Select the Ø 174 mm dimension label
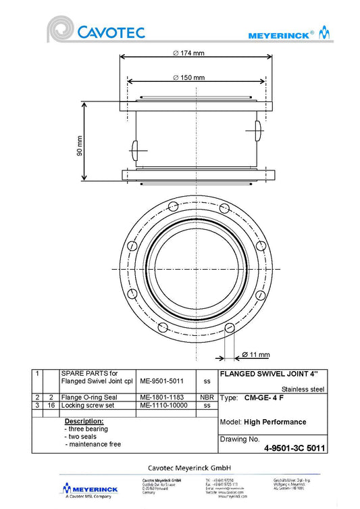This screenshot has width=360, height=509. [188, 53]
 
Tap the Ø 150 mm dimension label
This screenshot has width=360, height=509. [188, 78]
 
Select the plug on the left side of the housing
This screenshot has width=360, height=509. [133, 148]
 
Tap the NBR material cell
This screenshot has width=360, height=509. [207, 397]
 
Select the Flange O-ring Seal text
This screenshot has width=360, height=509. [90, 397]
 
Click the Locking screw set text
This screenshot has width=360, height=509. [88, 406]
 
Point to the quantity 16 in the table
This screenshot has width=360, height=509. [51, 406]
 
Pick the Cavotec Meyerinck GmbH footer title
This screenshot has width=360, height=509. [190, 467]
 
